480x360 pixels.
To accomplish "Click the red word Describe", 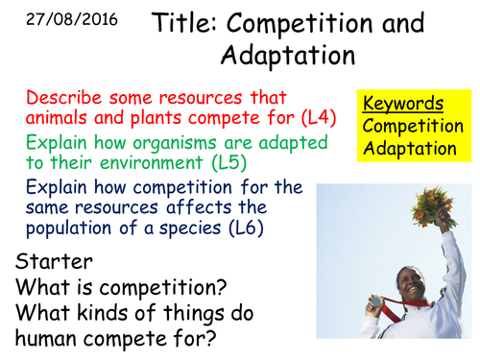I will tap(60, 100).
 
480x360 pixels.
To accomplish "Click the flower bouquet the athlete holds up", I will tap(433, 205).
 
